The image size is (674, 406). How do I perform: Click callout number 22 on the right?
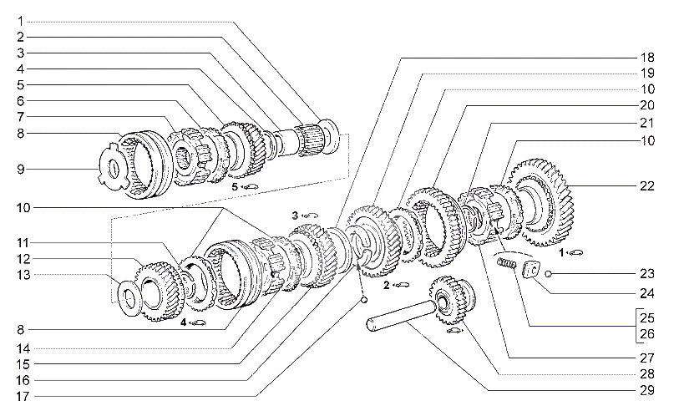pyautogui.click(x=647, y=186)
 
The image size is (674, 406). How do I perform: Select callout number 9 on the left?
pyautogui.click(x=21, y=169)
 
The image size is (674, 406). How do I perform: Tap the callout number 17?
pyautogui.click(x=23, y=396)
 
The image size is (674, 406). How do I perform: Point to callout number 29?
pyautogui.click(x=647, y=390)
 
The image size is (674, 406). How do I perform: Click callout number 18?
pyautogui.click(x=647, y=57)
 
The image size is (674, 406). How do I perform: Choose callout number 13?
pyautogui.click(x=23, y=275)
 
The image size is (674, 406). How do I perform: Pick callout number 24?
pyautogui.click(x=647, y=294)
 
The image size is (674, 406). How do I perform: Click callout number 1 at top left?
pyautogui.click(x=21, y=21)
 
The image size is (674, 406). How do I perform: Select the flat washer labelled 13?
pyautogui.click(x=128, y=298)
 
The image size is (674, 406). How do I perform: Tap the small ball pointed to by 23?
pyautogui.click(x=548, y=273)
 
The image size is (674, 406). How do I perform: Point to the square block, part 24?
pyautogui.click(x=531, y=271)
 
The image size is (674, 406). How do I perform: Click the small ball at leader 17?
pyautogui.click(x=363, y=300)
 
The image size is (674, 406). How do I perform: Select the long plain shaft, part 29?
pyautogui.click(x=401, y=315)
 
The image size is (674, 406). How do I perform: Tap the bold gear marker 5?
pyautogui.click(x=235, y=187)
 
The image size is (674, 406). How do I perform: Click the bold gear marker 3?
pyautogui.click(x=295, y=215)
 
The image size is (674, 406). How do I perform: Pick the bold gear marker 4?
pyautogui.click(x=183, y=322)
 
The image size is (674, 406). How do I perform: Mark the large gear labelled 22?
pyautogui.click(x=543, y=202)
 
